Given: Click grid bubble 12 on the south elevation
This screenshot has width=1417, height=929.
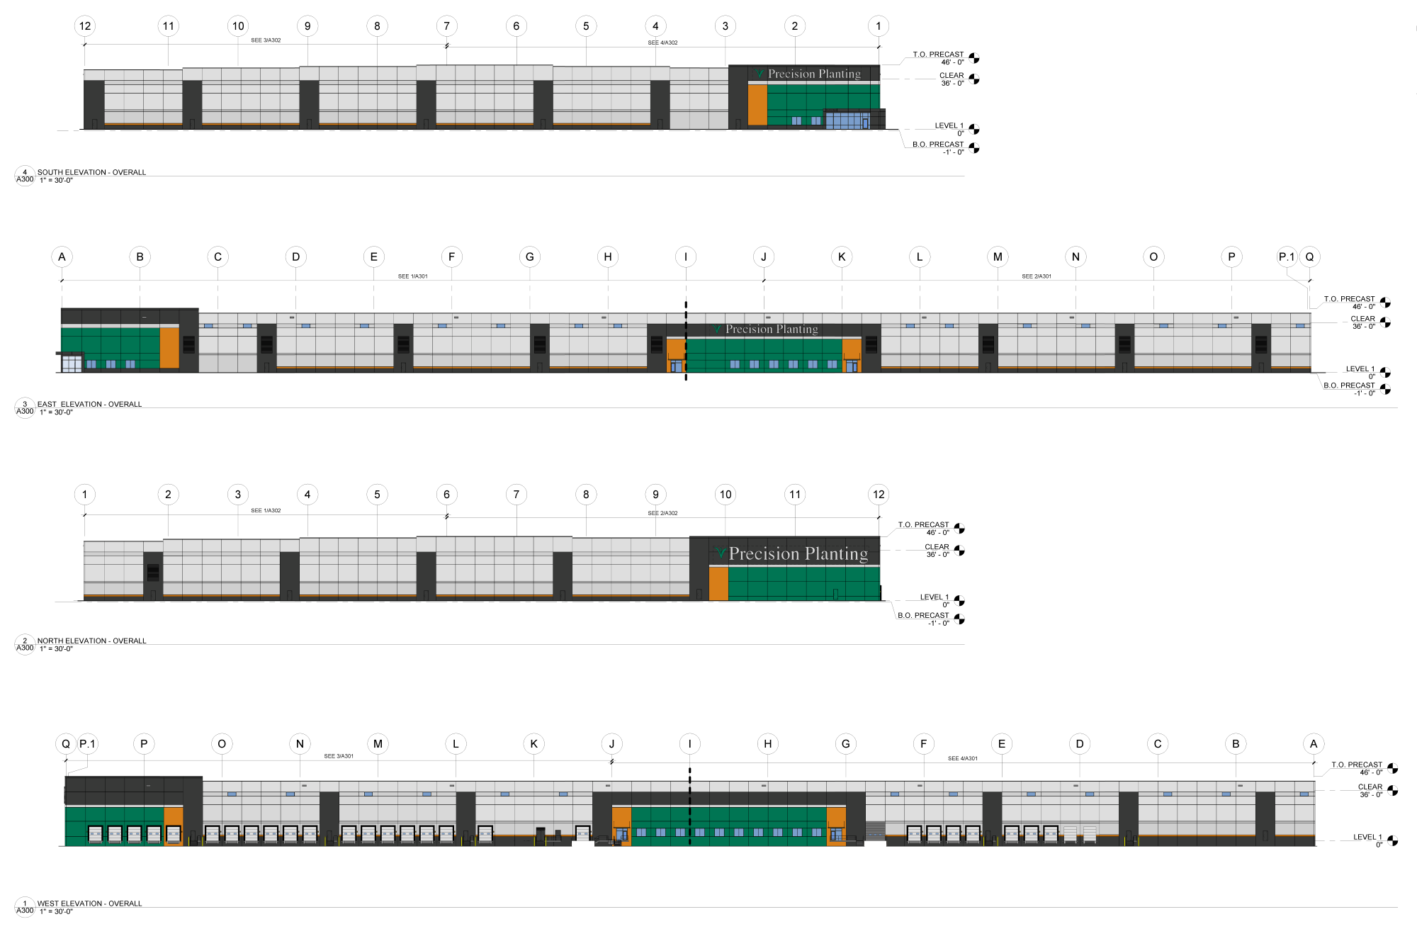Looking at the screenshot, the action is click(85, 26).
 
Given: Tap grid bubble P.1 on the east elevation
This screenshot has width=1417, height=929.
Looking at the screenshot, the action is click(1287, 257).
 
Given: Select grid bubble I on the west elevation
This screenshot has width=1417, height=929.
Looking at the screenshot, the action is click(689, 744).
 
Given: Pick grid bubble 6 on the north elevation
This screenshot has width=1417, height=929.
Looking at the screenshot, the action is click(446, 495).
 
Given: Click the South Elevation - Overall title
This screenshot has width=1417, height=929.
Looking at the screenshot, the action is click(91, 172).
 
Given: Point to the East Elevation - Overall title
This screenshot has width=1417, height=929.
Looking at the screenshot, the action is click(89, 404).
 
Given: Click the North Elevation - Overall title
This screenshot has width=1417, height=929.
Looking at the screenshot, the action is click(91, 641).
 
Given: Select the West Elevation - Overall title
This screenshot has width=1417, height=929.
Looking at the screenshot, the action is click(89, 903).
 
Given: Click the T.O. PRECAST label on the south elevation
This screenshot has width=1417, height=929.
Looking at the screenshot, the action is click(938, 55).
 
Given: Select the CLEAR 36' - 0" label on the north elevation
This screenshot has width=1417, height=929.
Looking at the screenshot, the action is click(937, 551).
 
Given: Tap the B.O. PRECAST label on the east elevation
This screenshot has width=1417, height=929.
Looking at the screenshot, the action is click(1349, 385).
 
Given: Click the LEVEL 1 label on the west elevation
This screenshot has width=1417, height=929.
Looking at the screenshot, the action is click(1367, 837).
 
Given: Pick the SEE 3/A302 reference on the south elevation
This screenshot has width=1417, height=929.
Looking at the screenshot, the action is click(266, 40).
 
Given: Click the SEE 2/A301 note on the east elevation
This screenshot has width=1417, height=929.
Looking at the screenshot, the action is click(1037, 276).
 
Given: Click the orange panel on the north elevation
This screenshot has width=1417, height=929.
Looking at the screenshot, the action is click(718, 583).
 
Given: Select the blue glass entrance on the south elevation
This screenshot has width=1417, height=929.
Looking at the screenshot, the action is click(847, 120).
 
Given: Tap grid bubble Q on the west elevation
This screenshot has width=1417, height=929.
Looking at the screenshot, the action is click(66, 744).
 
